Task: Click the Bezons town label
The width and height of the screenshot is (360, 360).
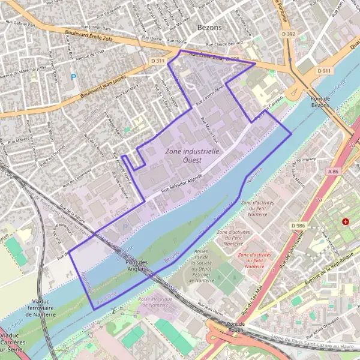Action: (209, 28)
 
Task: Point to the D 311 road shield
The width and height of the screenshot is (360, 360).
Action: (158, 61)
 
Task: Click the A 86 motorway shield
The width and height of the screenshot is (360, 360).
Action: (334, 172)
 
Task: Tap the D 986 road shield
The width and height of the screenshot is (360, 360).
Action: (298, 225)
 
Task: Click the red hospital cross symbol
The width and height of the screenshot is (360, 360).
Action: (345, 222)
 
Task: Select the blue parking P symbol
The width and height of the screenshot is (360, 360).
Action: (74, 77)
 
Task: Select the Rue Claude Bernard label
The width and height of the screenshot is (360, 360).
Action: (224, 44)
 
